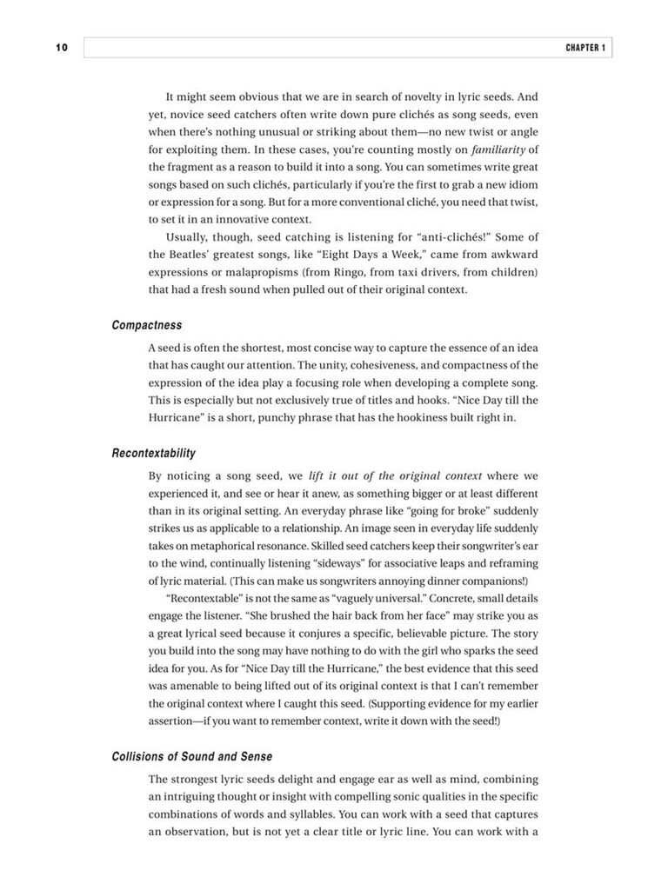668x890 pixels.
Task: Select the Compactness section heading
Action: click(x=147, y=325)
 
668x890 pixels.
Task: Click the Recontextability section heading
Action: click(x=154, y=453)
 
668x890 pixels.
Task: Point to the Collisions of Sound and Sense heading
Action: click(x=192, y=756)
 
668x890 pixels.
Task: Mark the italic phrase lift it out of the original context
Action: click(x=395, y=477)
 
